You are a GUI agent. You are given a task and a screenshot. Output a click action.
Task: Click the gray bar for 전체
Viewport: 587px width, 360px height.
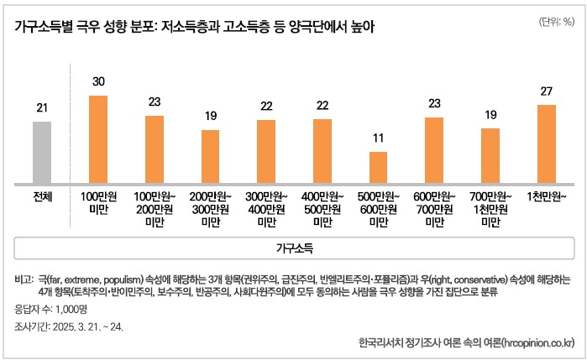click(42, 152)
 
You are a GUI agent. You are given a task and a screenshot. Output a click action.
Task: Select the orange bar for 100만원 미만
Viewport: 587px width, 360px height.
click(98, 139)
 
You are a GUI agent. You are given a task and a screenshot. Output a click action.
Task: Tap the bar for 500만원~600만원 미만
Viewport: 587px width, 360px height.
click(378, 167)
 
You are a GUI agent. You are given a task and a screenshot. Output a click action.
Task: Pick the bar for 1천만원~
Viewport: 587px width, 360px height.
click(546, 143)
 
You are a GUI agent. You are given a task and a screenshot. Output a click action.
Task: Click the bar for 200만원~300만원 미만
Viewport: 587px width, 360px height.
click(210, 156)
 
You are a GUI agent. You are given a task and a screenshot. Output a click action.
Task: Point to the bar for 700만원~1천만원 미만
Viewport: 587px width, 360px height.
click(490, 155)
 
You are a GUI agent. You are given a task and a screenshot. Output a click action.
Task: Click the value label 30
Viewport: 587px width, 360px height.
click(98, 81)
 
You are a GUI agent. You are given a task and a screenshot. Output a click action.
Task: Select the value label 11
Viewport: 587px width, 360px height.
click(378, 137)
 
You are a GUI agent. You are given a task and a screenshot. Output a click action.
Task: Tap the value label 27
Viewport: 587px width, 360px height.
click(546, 91)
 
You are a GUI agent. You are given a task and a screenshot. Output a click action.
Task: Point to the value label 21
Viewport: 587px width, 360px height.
click(42, 107)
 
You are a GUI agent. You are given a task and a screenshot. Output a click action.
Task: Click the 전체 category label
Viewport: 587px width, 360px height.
click(42, 196)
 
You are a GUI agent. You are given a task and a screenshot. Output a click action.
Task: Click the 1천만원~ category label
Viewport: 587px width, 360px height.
click(546, 196)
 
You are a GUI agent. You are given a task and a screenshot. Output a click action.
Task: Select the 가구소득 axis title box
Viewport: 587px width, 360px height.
click(294, 249)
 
